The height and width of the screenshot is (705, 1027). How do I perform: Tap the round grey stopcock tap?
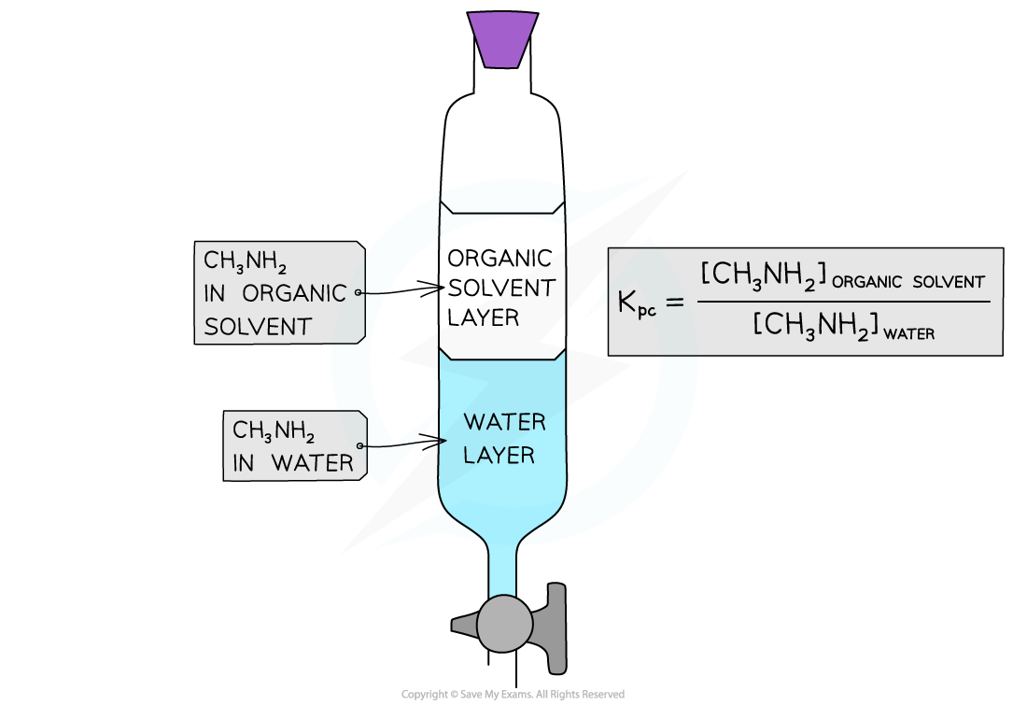tap(505, 624)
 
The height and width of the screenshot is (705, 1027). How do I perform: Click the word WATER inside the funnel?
tap(504, 422)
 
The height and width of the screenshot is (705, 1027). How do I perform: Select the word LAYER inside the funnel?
tap(499, 456)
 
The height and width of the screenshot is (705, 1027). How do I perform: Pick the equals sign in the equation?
tap(678, 303)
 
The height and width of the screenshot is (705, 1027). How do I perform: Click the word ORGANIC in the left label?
tap(294, 293)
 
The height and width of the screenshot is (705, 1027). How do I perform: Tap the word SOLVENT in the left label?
tap(258, 326)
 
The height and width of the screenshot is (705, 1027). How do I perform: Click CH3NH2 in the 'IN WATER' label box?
tap(274, 430)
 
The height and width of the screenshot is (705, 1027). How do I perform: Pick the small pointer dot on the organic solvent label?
tap(358, 292)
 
